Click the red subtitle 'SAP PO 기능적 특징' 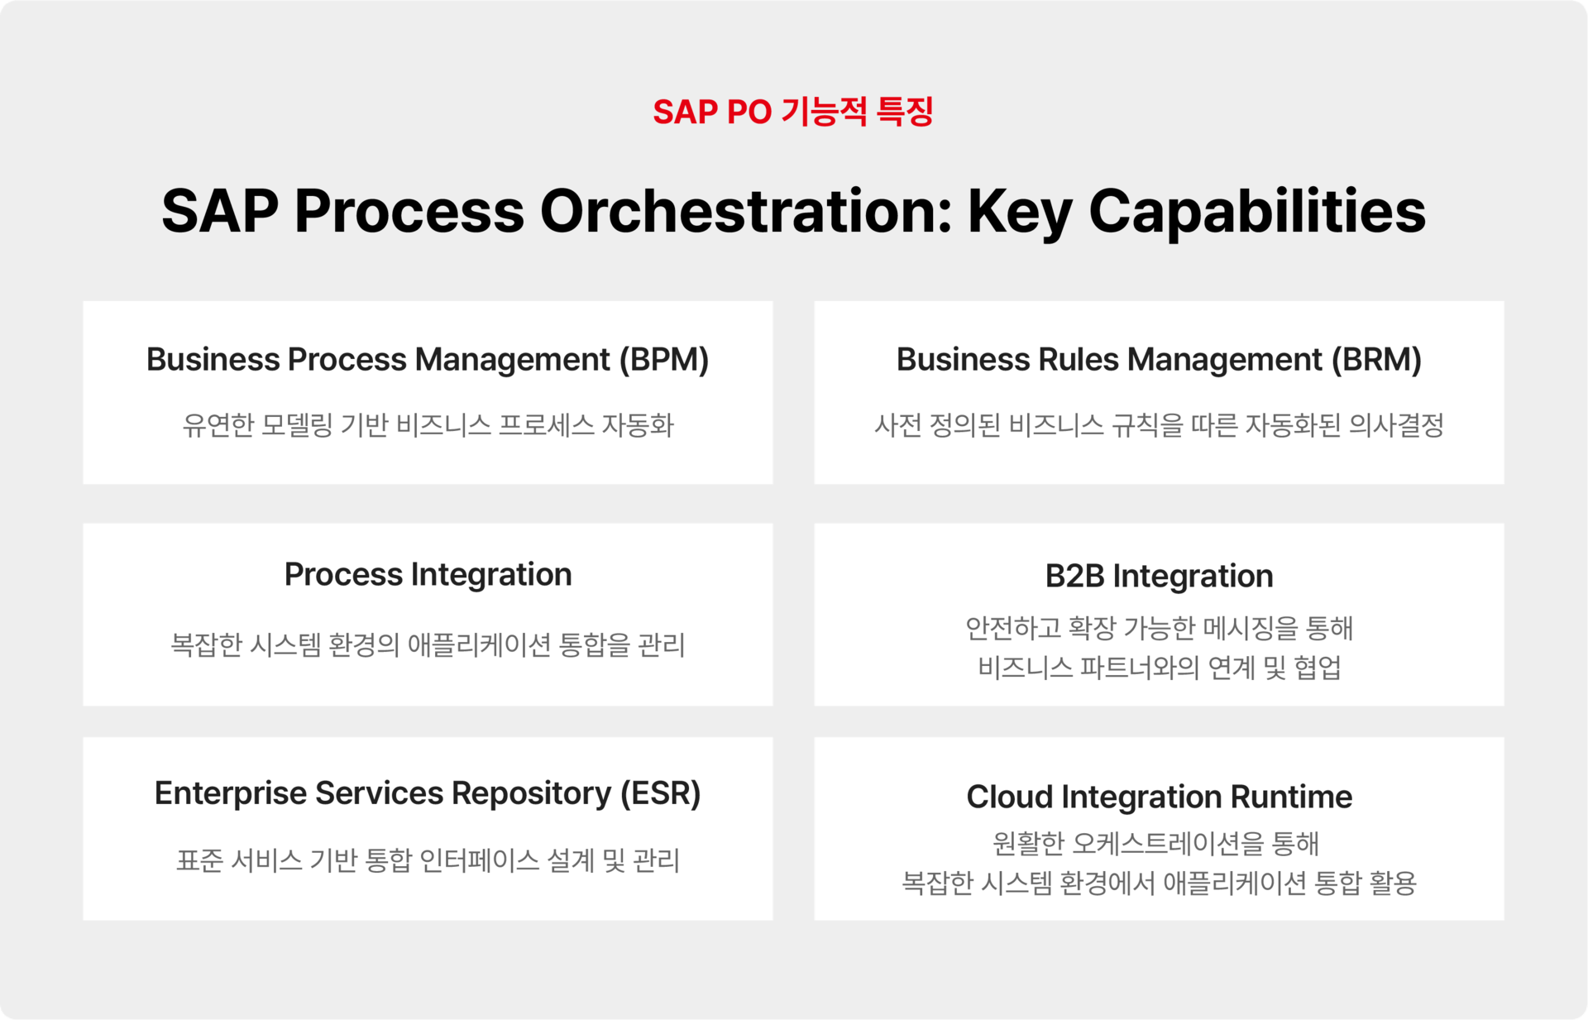[x=793, y=112]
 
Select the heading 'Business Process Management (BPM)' [x=428, y=360]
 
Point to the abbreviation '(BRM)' [x=1376, y=360]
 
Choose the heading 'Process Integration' [x=428, y=575]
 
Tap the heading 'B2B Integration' [x=1159, y=576]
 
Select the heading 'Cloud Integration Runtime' [x=1159, y=797]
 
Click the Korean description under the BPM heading [x=428, y=425]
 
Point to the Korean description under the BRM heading [x=1159, y=425]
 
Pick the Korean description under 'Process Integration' [x=428, y=644]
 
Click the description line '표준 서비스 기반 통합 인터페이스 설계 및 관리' [x=428, y=860]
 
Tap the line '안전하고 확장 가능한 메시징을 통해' [x=1159, y=628]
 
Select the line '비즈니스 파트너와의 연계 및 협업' [x=1159, y=667]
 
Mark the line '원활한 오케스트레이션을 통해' [x=1155, y=843]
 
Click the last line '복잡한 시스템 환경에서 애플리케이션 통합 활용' [x=1159, y=883]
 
